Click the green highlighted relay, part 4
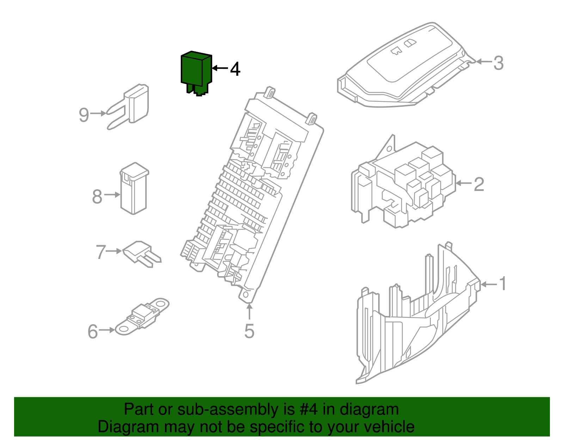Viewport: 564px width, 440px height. click(x=196, y=72)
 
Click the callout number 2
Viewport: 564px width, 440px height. click(x=479, y=184)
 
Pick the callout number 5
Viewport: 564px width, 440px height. click(x=249, y=331)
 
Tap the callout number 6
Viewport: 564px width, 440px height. click(x=93, y=331)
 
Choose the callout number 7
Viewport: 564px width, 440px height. click(x=101, y=252)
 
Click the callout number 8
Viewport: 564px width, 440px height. click(x=97, y=197)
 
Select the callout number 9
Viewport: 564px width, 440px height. click(x=84, y=115)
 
